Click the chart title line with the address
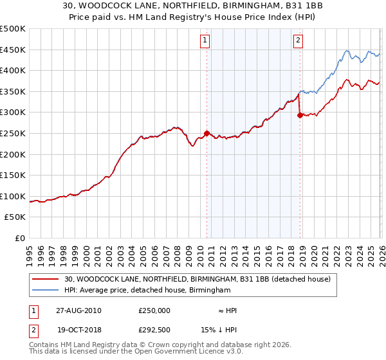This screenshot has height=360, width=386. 192,5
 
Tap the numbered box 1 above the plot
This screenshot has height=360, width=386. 205,40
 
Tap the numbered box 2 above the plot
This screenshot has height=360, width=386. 299,40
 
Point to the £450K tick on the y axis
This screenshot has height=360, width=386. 13,50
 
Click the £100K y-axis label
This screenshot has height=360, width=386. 13,196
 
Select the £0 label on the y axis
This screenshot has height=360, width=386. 19,238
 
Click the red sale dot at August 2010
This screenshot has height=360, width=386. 207,133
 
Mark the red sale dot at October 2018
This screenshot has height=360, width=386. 300,116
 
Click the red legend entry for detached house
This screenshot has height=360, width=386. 198,279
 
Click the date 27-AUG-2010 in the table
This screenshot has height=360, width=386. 78,310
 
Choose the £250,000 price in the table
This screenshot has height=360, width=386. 154,310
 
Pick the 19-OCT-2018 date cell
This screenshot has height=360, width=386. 78,330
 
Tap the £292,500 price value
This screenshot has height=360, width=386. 154,330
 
